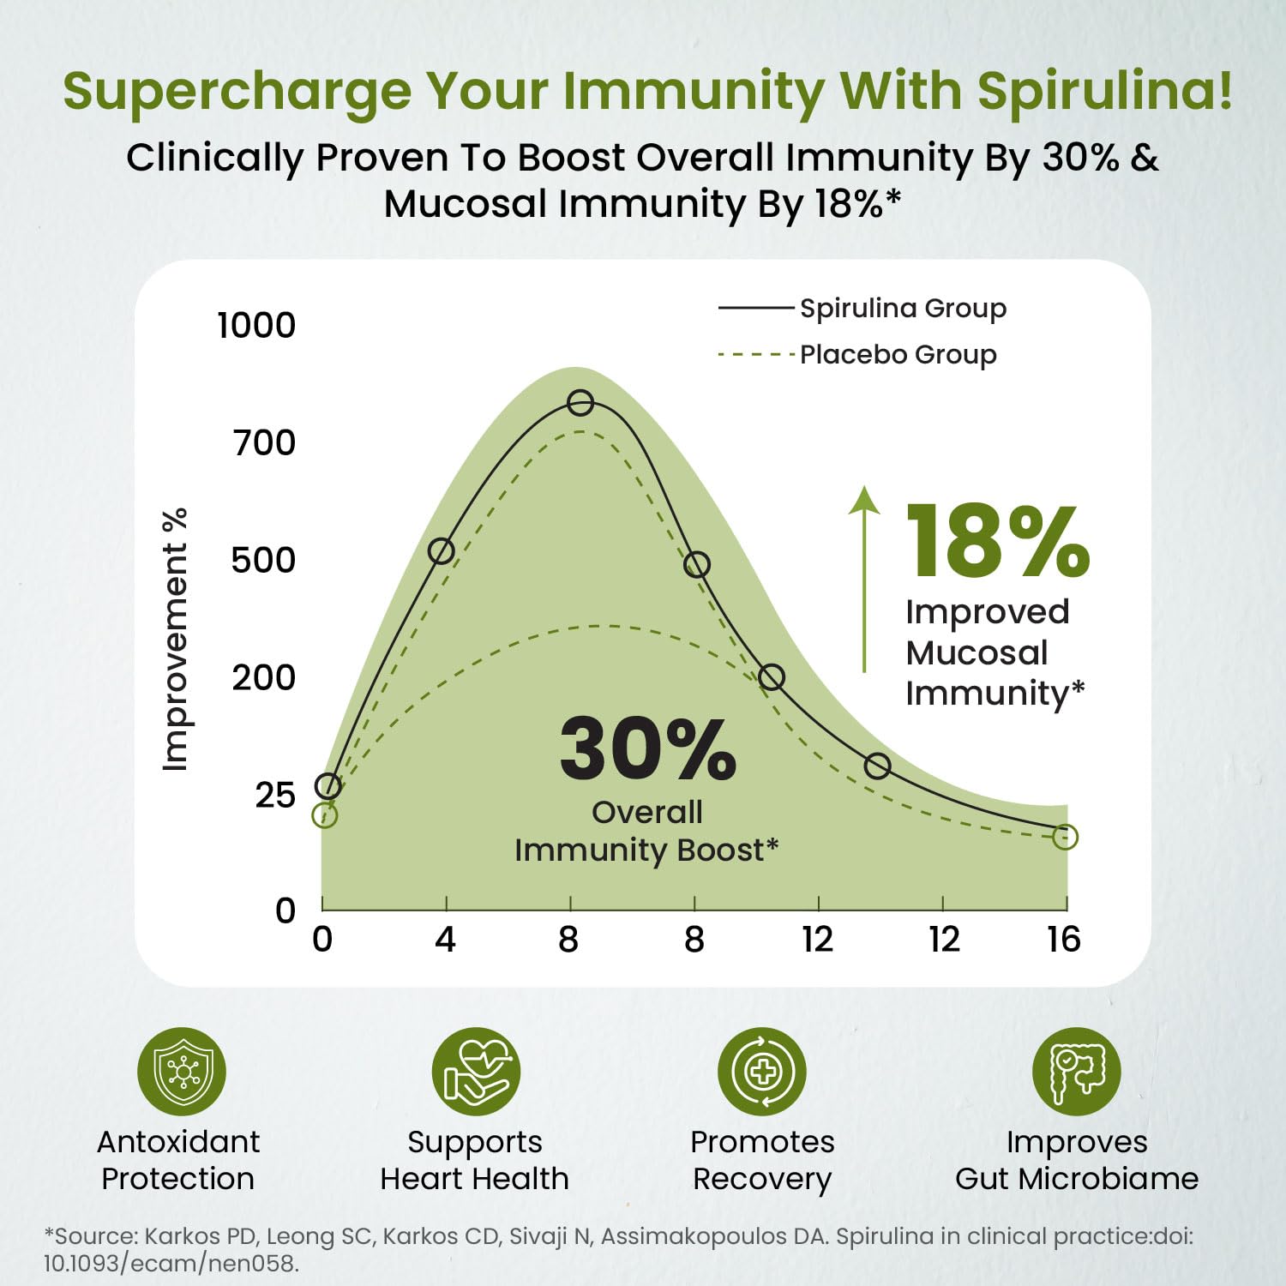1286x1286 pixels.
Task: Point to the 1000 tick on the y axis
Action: pyautogui.click(x=256, y=325)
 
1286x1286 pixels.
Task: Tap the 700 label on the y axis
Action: pyautogui.click(x=264, y=442)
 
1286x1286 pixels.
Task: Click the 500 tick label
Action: pyautogui.click(x=263, y=560)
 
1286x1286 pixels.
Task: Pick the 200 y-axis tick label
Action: pyautogui.click(x=263, y=677)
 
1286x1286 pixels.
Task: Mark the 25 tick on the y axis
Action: pyautogui.click(x=274, y=795)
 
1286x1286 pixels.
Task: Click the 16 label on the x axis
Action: pyautogui.click(x=1063, y=940)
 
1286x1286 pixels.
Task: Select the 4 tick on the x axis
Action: pyautogui.click(x=445, y=940)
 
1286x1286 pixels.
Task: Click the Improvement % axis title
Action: pyautogui.click(x=175, y=640)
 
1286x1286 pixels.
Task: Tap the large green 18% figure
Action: pyautogui.click(x=997, y=542)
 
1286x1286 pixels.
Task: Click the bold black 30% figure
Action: pyautogui.click(x=647, y=749)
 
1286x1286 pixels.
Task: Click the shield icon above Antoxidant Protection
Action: pyautogui.click(x=182, y=1072)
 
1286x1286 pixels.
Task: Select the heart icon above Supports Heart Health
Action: pyautogui.click(x=476, y=1072)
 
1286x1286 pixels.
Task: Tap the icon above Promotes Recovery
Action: pyautogui.click(x=762, y=1072)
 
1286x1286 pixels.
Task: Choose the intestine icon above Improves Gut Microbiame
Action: pyautogui.click(x=1076, y=1072)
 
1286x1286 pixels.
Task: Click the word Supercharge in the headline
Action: pyautogui.click(x=237, y=91)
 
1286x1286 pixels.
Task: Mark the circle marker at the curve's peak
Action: pyautogui.click(x=580, y=403)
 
